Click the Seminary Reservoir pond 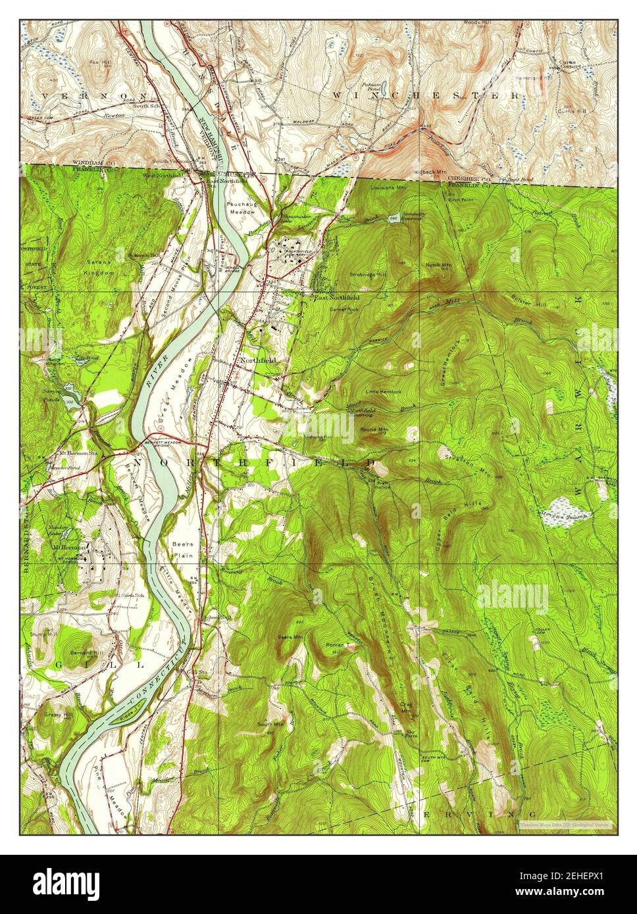[394, 220]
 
